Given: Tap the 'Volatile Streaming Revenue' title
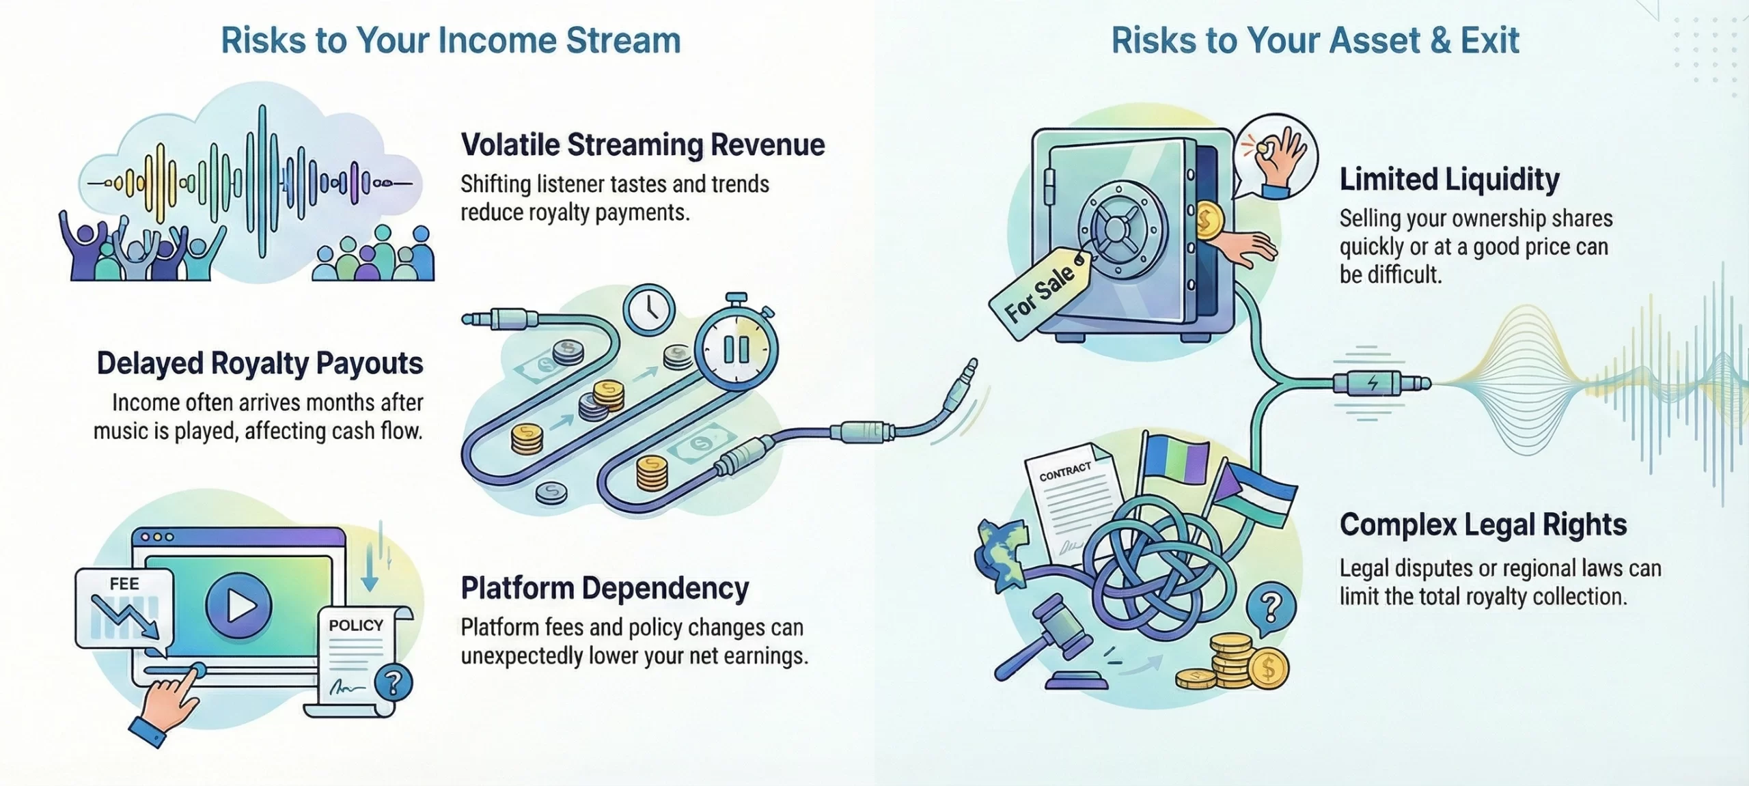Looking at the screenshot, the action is [643, 145].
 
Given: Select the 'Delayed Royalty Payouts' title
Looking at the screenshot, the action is [260, 363].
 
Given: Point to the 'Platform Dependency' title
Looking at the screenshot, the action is [605, 588].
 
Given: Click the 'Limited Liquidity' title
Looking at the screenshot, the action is [1449, 180].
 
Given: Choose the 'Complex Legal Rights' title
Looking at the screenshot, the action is [1483, 524].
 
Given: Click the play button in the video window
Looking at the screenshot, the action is [238, 605].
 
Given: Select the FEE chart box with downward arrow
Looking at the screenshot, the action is [124, 608].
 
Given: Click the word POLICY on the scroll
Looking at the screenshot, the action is [356, 626].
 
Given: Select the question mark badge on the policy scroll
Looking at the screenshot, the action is [394, 682].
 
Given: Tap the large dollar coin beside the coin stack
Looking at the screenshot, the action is [1269, 669].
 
